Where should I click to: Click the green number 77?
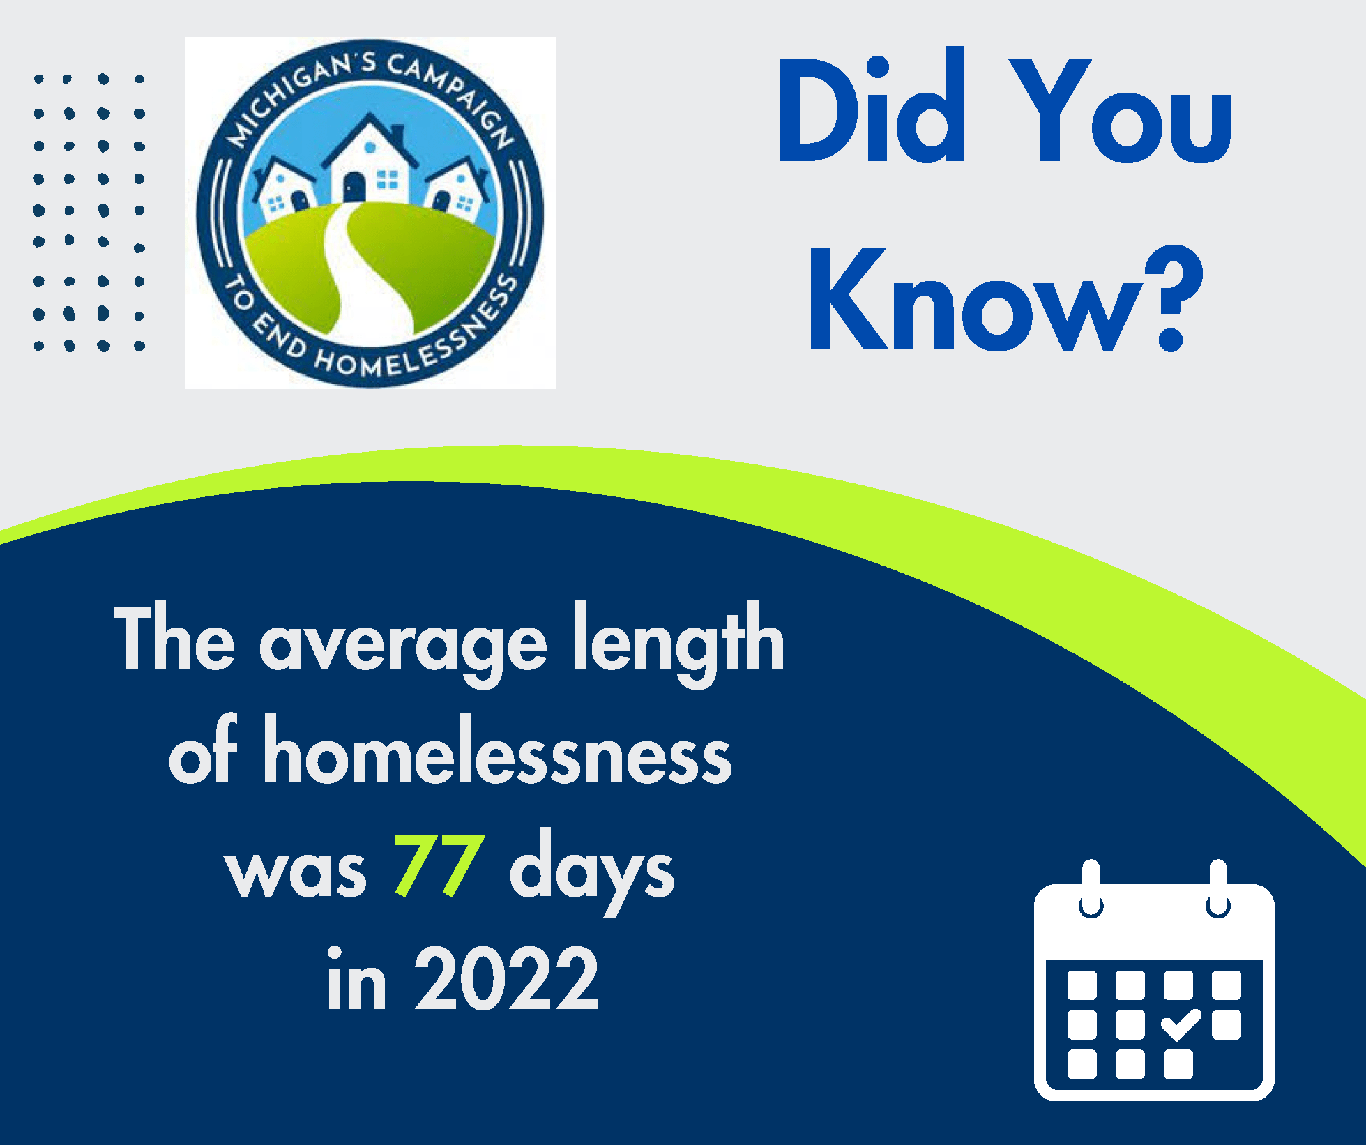439,865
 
